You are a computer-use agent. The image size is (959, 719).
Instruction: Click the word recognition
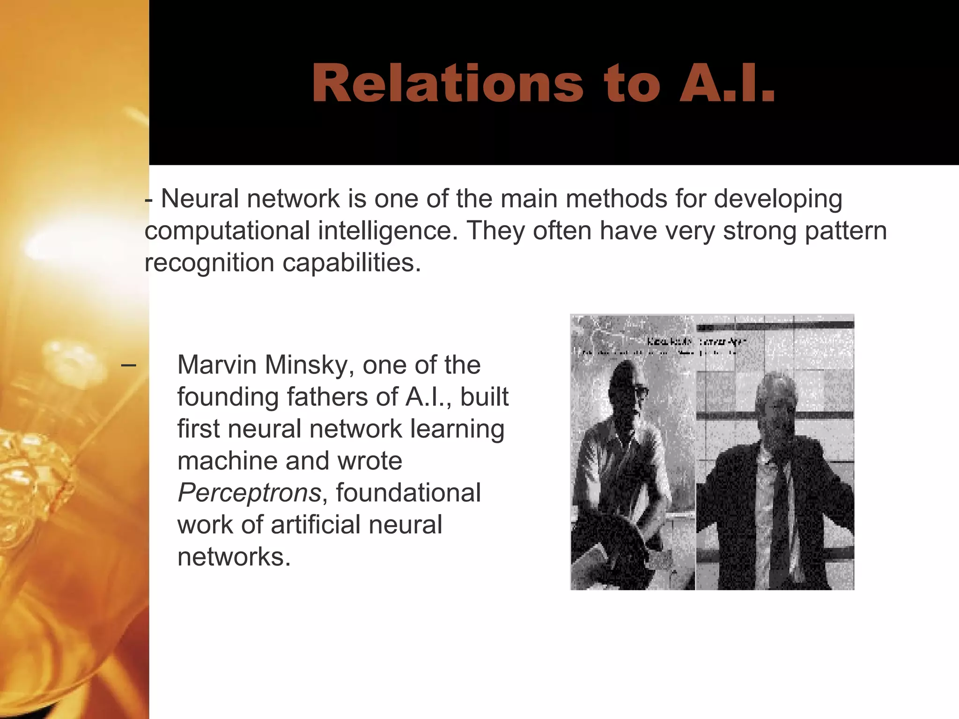click(209, 263)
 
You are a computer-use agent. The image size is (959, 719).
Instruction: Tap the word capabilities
click(352, 263)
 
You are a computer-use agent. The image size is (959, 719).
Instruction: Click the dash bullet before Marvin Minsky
click(128, 365)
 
